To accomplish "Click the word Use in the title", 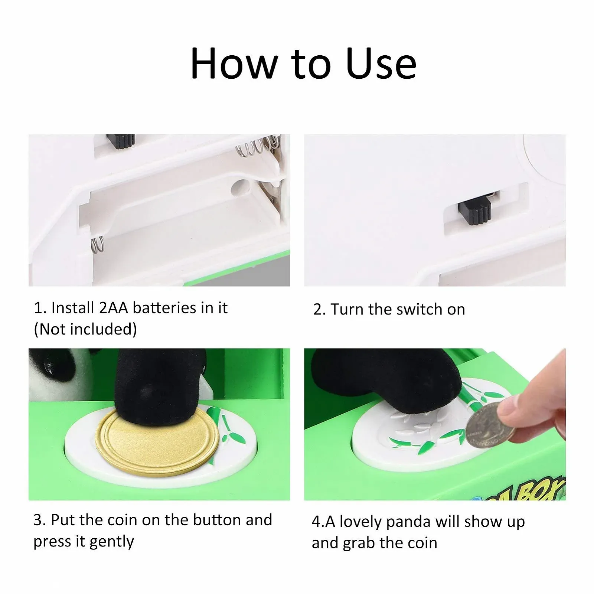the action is [x=381, y=63].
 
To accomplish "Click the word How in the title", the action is [x=234, y=63].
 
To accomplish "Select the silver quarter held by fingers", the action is [x=490, y=426].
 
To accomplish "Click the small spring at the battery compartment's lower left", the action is [x=98, y=245].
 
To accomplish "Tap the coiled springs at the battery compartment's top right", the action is [x=258, y=146].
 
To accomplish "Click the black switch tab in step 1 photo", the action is [x=121, y=141].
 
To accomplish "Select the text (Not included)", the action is [x=85, y=329].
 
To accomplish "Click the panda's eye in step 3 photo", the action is [x=50, y=366].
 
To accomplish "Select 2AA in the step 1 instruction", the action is [x=113, y=308].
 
